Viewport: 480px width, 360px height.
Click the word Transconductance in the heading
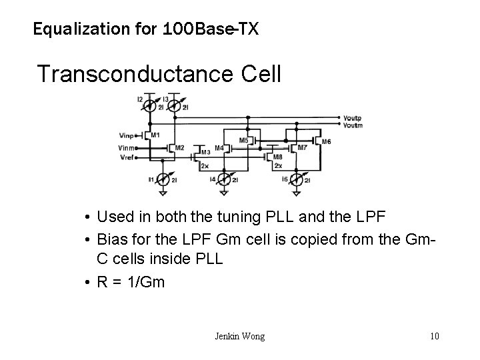point(140,73)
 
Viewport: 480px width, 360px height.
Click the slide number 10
point(435,336)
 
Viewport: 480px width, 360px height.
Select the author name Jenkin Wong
point(239,336)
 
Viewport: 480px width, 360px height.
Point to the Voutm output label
point(352,126)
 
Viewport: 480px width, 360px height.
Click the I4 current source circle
point(225,179)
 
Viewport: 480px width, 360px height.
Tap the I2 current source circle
point(151,105)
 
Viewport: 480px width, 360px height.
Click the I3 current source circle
point(175,105)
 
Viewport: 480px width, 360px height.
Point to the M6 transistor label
point(326,141)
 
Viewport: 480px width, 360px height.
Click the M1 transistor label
point(155,135)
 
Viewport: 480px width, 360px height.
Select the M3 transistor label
point(187,152)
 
